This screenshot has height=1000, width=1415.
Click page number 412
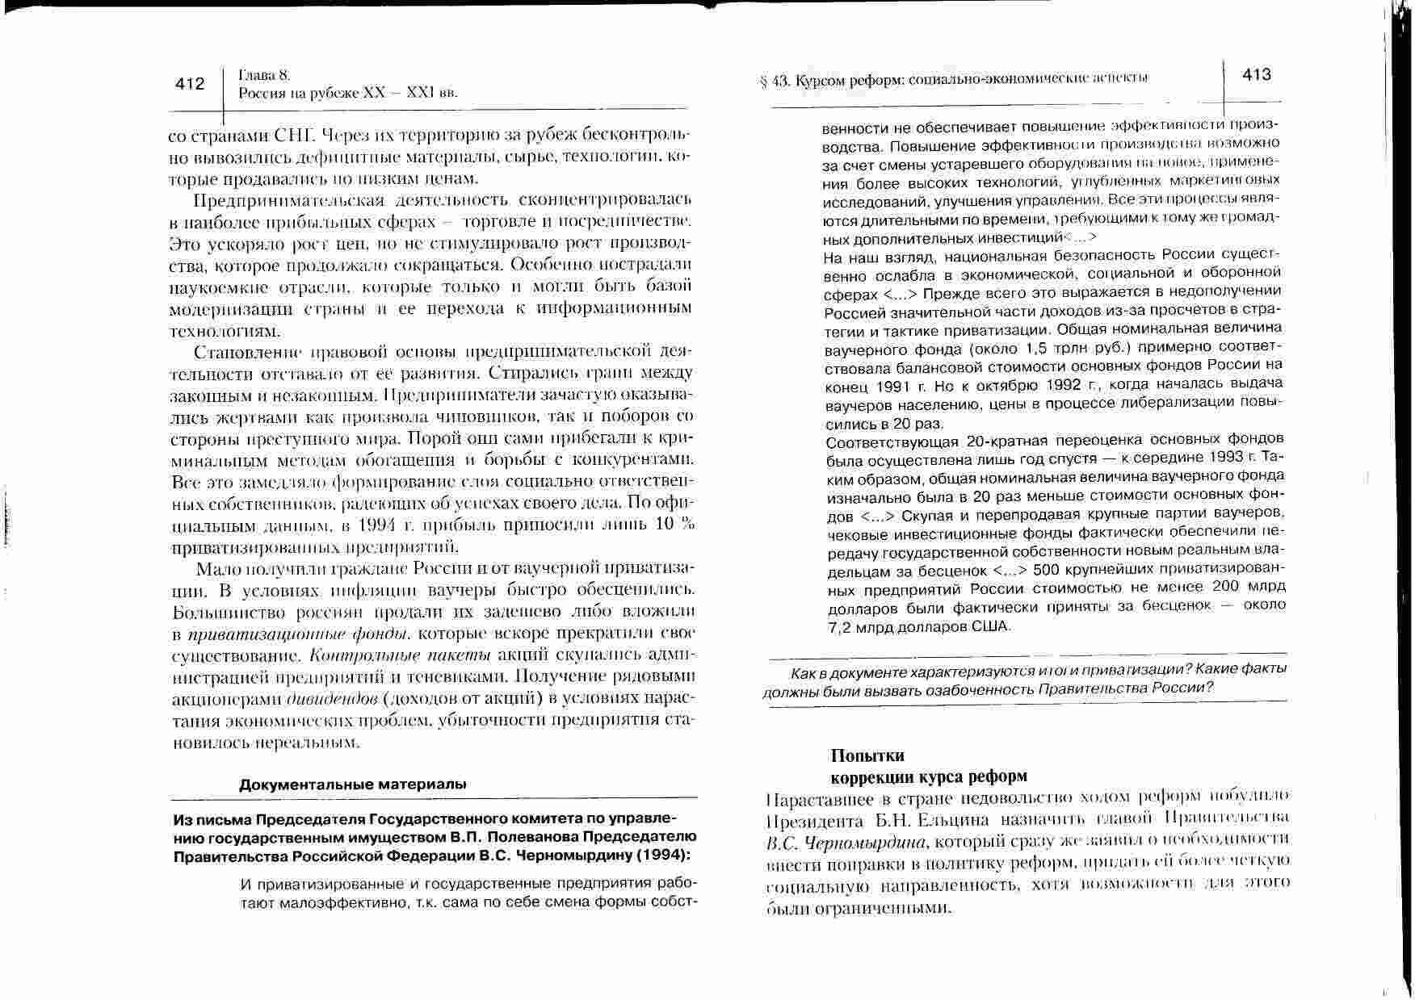(x=191, y=84)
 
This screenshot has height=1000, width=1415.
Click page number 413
(x=1257, y=75)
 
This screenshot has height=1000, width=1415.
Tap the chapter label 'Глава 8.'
(x=263, y=75)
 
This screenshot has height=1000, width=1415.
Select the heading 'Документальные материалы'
(x=353, y=784)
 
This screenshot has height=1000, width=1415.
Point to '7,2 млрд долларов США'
(x=919, y=626)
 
